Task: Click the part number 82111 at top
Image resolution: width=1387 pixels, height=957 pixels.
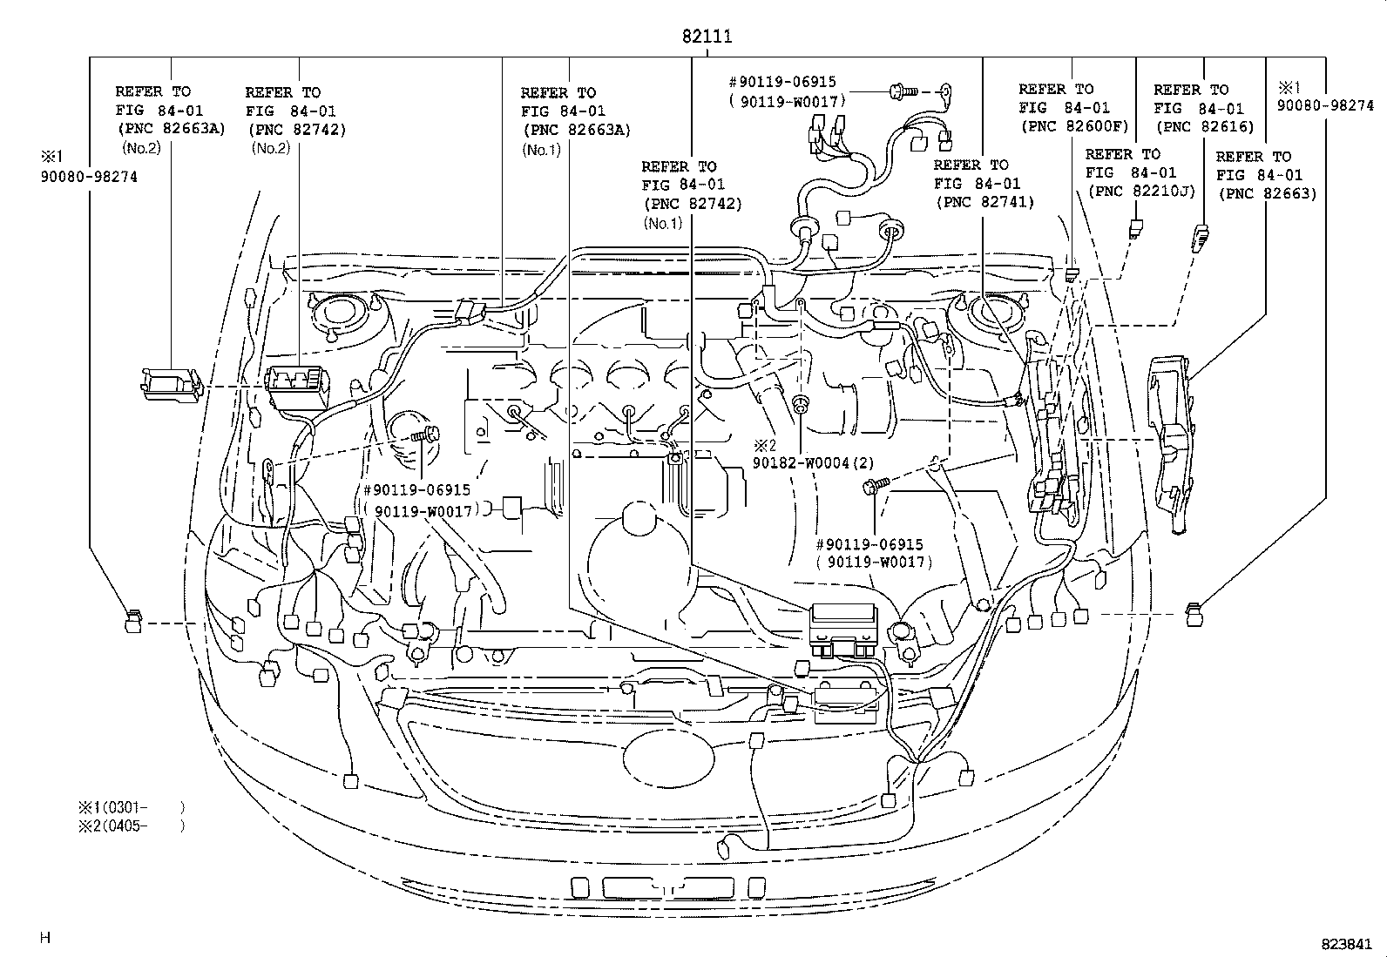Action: [x=706, y=36]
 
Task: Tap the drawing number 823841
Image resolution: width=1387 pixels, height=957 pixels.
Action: [x=1346, y=944]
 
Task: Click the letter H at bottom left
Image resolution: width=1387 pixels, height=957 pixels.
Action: [x=45, y=938]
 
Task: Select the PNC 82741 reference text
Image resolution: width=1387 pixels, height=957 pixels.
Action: [x=984, y=202]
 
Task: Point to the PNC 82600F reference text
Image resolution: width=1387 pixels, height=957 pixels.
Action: [x=1073, y=126]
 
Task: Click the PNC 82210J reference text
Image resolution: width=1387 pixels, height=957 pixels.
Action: [x=1140, y=191]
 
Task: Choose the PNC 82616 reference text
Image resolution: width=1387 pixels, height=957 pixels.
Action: [x=1204, y=126]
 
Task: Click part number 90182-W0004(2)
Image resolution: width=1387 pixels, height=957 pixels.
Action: [x=813, y=462]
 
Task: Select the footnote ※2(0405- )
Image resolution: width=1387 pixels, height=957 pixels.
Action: [x=131, y=826]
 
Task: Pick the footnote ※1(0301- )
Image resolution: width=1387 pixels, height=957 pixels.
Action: [x=131, y=807]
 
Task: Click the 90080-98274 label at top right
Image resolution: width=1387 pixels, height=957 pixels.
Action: [x=1325, y=105]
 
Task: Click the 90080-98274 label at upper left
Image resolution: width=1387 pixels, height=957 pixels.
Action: [x=88, y=177]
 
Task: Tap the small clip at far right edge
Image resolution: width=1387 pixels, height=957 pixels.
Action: [x=1195, y=615]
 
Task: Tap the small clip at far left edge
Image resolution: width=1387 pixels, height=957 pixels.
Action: [x=132, y=622]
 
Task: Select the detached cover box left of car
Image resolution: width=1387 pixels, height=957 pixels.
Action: [x=172, y=383]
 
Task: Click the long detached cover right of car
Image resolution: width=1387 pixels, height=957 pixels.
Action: [x=1171, y=440]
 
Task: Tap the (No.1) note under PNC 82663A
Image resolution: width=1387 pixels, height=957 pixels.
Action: [x=542, y=149]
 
